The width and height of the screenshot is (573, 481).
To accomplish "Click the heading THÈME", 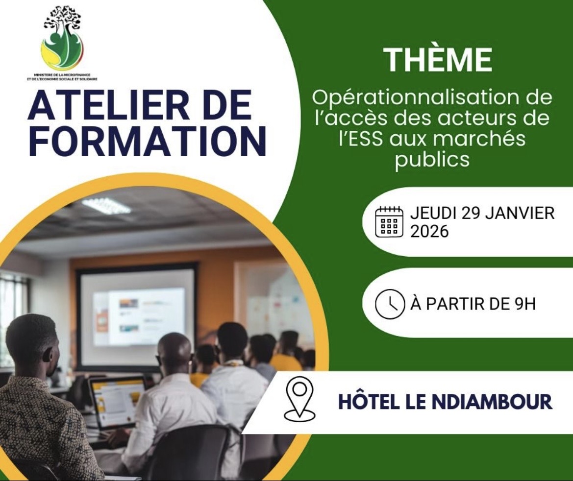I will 438,60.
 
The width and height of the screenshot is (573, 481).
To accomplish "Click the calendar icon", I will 389,222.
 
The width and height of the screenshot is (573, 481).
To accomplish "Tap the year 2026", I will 429,231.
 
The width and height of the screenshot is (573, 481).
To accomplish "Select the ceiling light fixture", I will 106,205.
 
